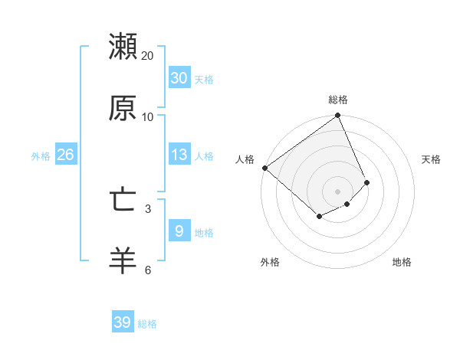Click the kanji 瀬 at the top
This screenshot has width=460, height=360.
(x=123, y=47)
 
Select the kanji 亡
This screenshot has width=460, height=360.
(x=123, y=201)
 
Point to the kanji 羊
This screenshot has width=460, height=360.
(x=123, y=260)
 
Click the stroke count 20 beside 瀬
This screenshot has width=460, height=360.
(x=148, y=56)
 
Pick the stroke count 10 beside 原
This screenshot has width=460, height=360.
(x=148, y=116)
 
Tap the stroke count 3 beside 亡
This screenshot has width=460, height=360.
(x=148, y=208)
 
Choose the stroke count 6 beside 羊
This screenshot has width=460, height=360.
(x=148, y=269)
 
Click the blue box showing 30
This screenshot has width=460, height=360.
(x=179, y=78)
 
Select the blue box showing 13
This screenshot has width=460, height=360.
(x=179, y=155)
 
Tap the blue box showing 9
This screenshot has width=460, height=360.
(x=179, y=231)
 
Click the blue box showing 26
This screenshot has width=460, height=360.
(x=65, y=155)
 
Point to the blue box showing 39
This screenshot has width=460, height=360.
(x=123, y=322)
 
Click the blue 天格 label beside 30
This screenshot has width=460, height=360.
(x=204, y=80)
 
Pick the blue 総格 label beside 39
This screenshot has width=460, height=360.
(x=147, y=324)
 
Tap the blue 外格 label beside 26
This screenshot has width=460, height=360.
(x=41, y=156)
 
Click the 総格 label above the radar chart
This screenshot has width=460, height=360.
(x=338, y=100)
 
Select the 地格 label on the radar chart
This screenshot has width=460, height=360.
(x=402, y=262)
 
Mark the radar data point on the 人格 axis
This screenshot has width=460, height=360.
(x=264, y=168)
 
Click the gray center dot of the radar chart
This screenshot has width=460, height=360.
(x=337, y=191)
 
